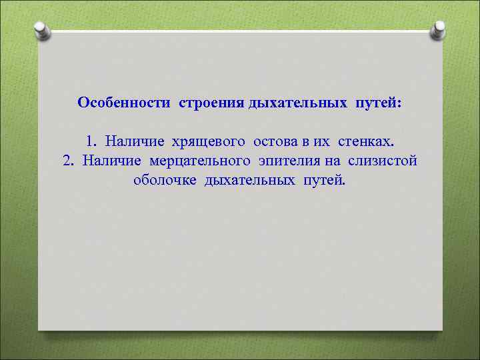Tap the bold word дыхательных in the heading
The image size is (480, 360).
(x=297, y=103)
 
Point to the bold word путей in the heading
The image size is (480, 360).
(x=378, y=103)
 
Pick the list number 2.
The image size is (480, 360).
(x=67, y=160)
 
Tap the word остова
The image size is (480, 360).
(x=273, y=141)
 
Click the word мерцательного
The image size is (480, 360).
(x=200, y=161)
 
